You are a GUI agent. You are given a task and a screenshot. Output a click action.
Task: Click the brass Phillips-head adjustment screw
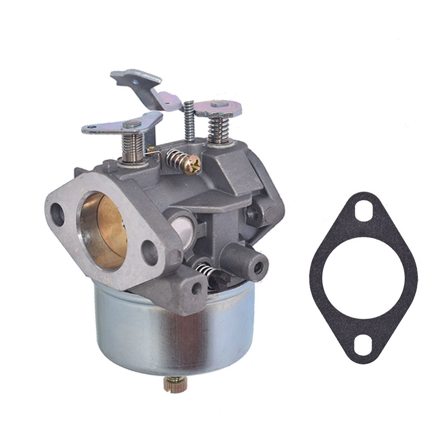click(193, 165)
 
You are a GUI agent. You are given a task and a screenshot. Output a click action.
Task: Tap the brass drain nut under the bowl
click(175, 384)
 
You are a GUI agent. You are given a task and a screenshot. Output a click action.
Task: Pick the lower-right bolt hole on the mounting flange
click(150, 253)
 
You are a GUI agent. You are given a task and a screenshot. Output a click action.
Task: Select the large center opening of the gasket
click(363, 278)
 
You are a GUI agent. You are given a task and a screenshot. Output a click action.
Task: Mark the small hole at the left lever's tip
click(88, 128)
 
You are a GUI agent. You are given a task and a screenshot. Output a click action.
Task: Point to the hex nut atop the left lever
click(132, 124)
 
